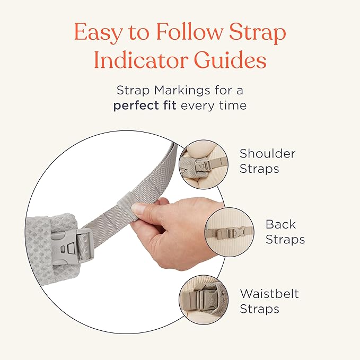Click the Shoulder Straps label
[x=267, y=161]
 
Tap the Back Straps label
[x=285, y=232]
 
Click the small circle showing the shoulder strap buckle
[x=203, y=164]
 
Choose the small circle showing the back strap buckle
[x=230, y=232]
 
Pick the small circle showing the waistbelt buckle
[x=203, y=300]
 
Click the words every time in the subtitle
[x=214, y=105]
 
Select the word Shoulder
[x=267, y=154]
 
